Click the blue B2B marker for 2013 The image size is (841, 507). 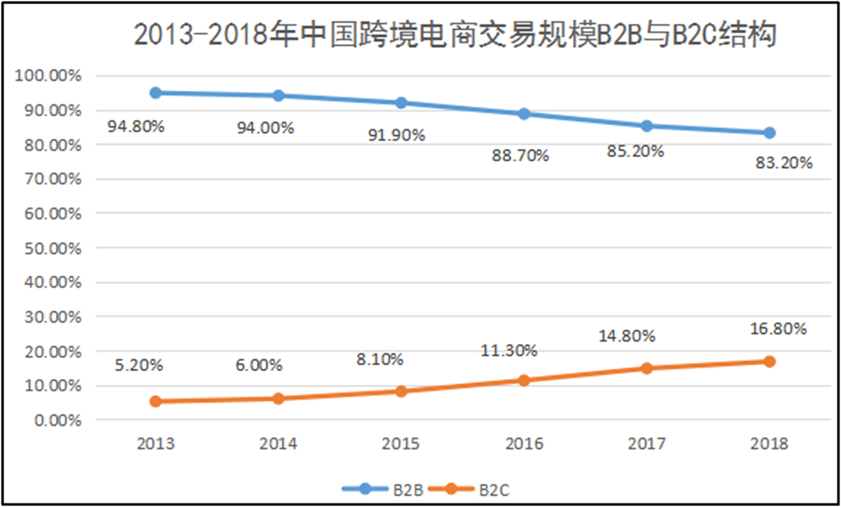coord(156,93)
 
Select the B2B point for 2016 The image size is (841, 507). coord(524,114)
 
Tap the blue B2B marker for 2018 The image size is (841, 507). coord(769,132)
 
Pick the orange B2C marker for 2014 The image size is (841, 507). coord(279,399)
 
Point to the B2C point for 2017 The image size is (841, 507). coord(647,368)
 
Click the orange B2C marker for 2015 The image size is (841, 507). coord(401,391)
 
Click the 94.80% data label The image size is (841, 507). coord(136,127)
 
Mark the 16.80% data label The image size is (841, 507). coord(779,329)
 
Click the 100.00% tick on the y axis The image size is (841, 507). coord(48,76)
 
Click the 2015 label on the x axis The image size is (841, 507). coord(401,444)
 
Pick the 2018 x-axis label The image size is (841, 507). coord(769,444)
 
